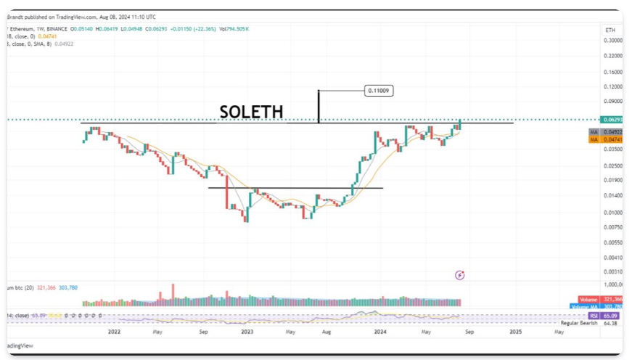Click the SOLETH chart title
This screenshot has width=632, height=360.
click(x=251, y=112)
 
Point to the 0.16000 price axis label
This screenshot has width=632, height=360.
click(x=613, y=72)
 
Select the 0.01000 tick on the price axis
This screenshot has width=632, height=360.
click(x=613, y=213)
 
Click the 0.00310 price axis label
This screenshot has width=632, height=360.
click(x=613, y=271)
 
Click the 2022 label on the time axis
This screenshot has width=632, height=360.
click(x=114, y=332)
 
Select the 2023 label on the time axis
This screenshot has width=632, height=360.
click(x=247, y=332)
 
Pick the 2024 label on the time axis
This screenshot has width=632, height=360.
click(x=380, y=332)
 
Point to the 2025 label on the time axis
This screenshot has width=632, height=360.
click(x=514, y=332)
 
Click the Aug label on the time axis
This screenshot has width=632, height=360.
click(x=327, y=332)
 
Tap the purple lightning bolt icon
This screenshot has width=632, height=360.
click(x=459, y=275)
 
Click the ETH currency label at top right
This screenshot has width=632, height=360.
click(x=610, y=29)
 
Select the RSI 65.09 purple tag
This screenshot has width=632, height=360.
click(x=612, y=316)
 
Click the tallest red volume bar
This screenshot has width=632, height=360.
click(x=173, y=293)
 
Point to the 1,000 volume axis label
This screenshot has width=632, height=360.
click(x=614, y=285)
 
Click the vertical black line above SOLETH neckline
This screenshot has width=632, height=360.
click(x=318, y=106)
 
